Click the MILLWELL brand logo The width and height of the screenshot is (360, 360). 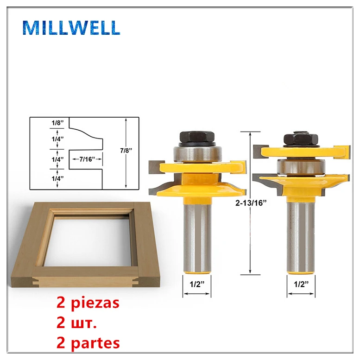pyautogui.click(x=71, y=28)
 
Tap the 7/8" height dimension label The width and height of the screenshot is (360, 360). pyautogui.click(x=126, y=151)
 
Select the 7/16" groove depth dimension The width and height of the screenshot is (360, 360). pyautogui.click(x=87, y=159)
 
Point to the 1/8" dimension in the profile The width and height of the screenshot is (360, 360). pyautogui.click(x=57, y=123)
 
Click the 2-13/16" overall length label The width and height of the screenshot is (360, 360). pyautogui.click(x=251, y=203)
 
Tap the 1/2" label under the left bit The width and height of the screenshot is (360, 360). pyautogui.click(x=197, y=284)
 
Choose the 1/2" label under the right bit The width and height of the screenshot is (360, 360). pyautogui.click(x=301, y=284)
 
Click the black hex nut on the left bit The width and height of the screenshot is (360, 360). pyautogui.click(x=197, y=137)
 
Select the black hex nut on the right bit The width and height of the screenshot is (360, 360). pyautogui.click(x=301, y=139)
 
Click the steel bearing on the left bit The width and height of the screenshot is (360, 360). pyautogui.click(x=197, y=154)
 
